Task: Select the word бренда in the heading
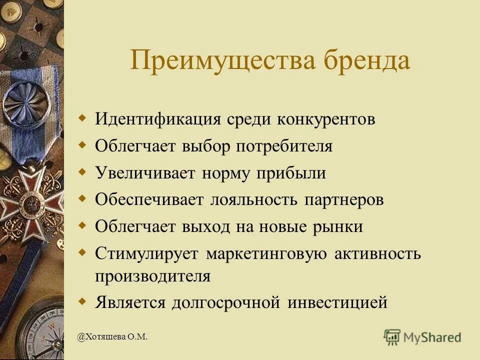[x=367, y=61]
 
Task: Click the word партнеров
[x=344, y=200]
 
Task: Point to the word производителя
[x=152, y=276]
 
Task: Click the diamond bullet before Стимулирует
[x=83, y=252]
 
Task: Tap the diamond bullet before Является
[x=83, y=301]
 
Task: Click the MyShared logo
[x=422, y=337]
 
